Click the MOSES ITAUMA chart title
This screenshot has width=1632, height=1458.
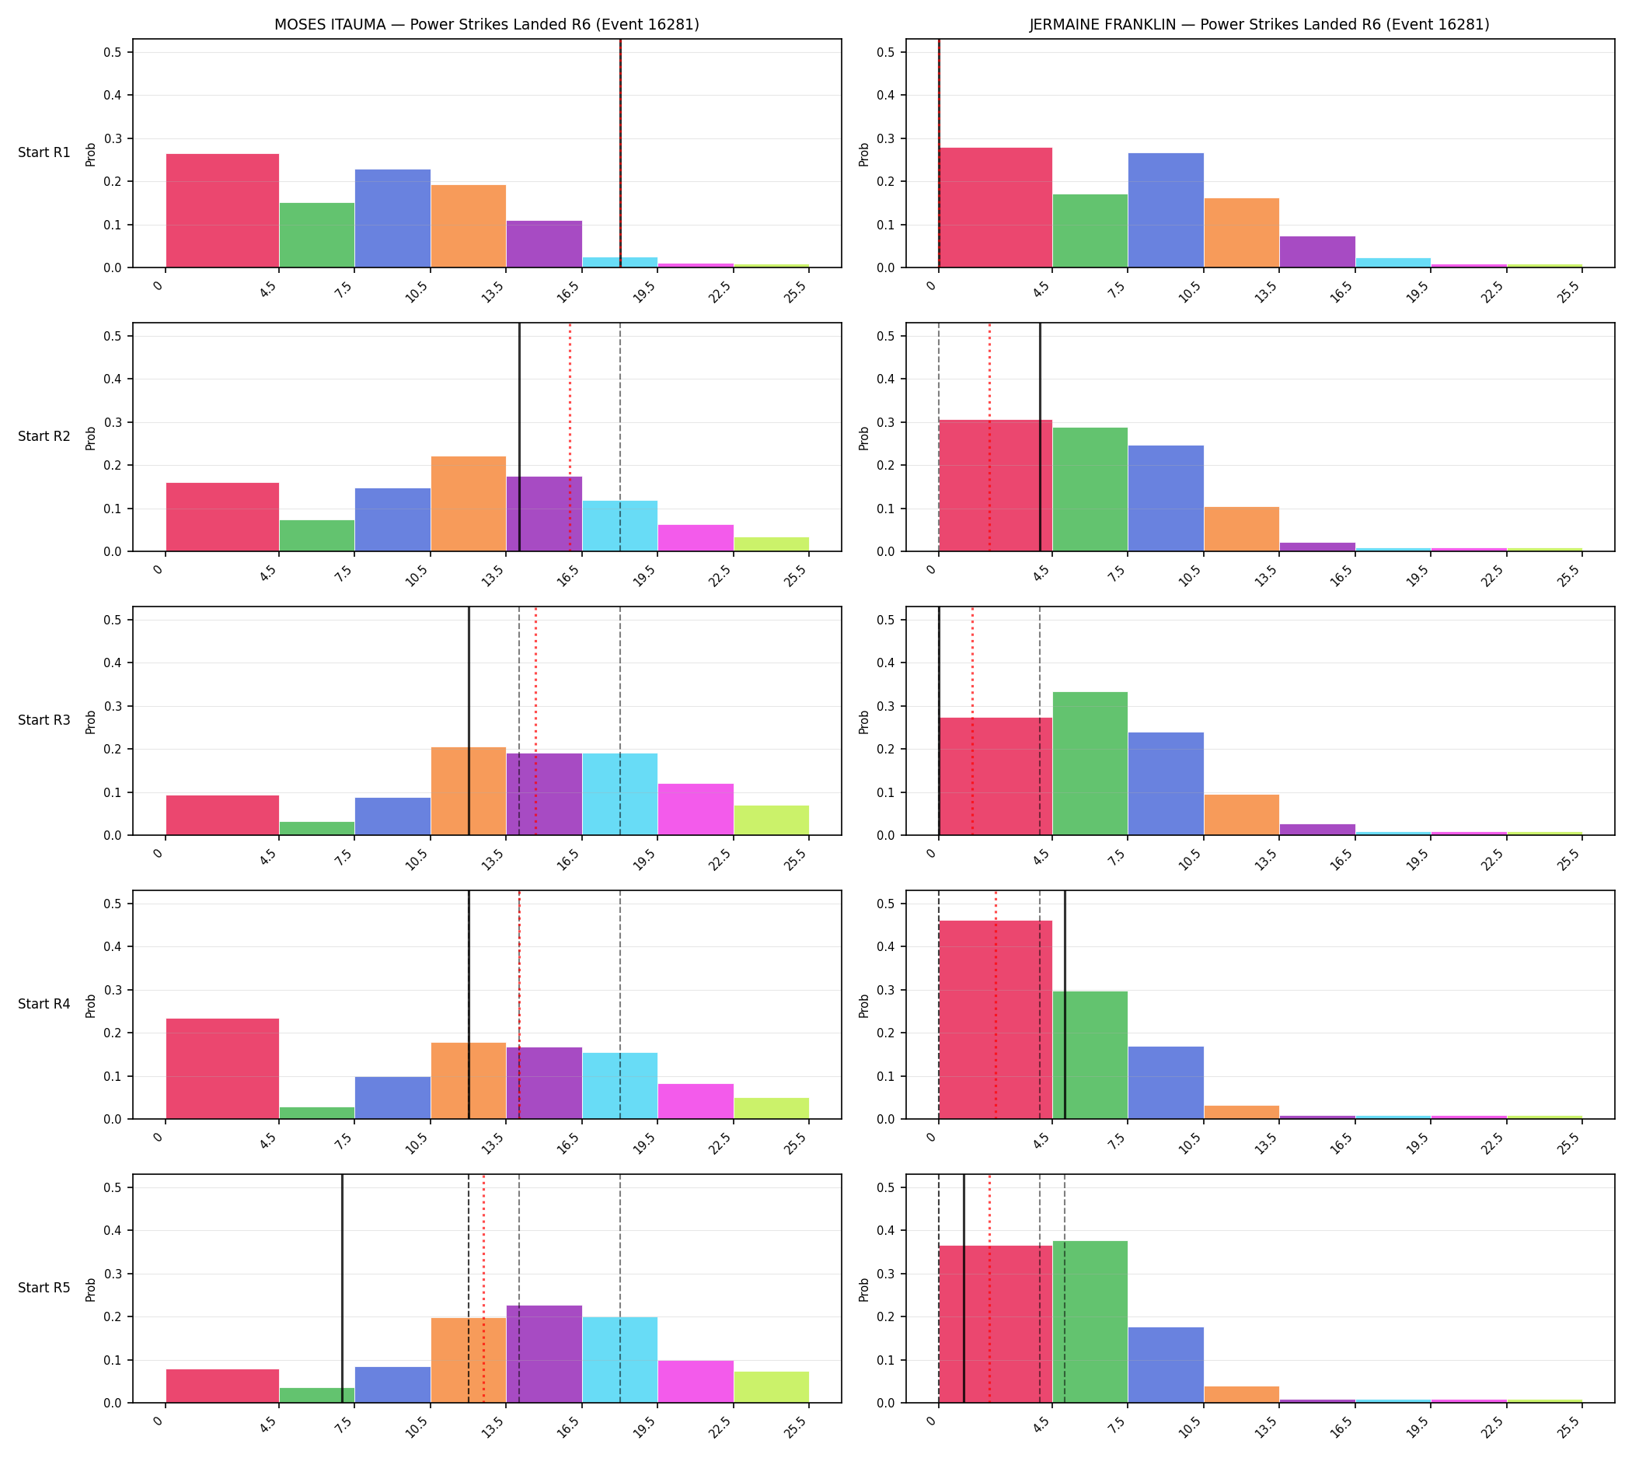point(486,25)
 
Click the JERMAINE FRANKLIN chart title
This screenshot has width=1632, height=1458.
point(1260,25)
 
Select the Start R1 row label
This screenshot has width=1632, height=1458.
point(45,152)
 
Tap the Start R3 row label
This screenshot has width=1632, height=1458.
point(45,720)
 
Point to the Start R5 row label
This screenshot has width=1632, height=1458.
point(45,1288)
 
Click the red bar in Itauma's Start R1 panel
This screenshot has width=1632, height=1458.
point(222,211)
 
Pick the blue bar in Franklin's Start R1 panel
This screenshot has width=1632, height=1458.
point(1166,210)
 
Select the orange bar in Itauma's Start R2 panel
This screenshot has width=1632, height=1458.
point(469,504)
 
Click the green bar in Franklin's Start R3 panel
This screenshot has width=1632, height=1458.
point(1090,764)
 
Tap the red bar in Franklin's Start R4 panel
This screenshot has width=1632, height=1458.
point(996,1019)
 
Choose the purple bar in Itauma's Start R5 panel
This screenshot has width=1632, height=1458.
point(545,1355)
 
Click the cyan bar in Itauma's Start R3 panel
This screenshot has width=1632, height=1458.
point(620,795)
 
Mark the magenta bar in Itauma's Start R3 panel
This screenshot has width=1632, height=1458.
point(696,810)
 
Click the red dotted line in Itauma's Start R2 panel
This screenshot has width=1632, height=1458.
point(570,437)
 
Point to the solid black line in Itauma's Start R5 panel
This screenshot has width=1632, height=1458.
point(342,1289)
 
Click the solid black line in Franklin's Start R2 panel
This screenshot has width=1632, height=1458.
point(1041,437)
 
